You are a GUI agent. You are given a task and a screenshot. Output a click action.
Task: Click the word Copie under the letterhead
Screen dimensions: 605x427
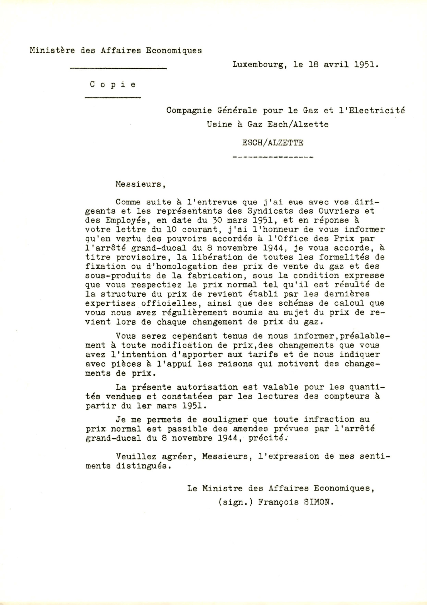(113, 85)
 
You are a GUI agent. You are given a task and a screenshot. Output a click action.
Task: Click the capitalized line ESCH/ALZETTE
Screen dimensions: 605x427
(273, 143)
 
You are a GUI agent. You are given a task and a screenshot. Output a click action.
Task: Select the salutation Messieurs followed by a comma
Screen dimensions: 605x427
(140, 184)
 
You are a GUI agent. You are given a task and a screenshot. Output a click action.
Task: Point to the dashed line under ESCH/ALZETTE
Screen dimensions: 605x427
(273, 157)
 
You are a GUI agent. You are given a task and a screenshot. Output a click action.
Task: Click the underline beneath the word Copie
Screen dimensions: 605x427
(113, 98)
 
